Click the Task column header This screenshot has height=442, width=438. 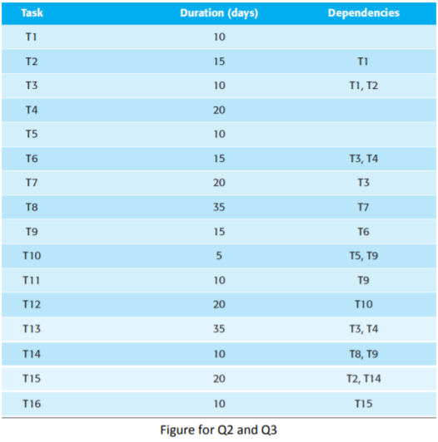[32, 13]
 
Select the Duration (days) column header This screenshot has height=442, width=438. [219, 13]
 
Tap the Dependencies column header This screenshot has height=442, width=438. [364, 13]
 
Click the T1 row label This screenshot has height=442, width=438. [31, 37]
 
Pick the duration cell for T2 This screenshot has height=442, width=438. [219, 61]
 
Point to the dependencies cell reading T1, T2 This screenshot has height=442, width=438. [364, 86]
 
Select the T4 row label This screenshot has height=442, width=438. [32, 110]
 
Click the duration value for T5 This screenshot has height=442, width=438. [219, 134]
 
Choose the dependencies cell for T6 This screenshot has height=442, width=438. [364, 159]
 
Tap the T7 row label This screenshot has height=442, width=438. [32, 183]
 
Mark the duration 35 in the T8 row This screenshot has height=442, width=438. [219, 207]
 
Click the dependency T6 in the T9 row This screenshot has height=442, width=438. [363, 232]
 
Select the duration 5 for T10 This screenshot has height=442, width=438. [219, 256]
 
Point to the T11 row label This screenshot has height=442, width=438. [31, 280]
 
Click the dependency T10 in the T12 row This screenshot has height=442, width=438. [364, 304]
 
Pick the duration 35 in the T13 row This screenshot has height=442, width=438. [219, 329]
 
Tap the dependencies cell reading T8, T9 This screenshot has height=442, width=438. [364, 354]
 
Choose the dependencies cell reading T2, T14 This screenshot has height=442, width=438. [364, 379]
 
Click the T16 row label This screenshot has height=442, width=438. [32, 404]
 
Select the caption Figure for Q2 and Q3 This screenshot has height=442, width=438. [219, 430]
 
